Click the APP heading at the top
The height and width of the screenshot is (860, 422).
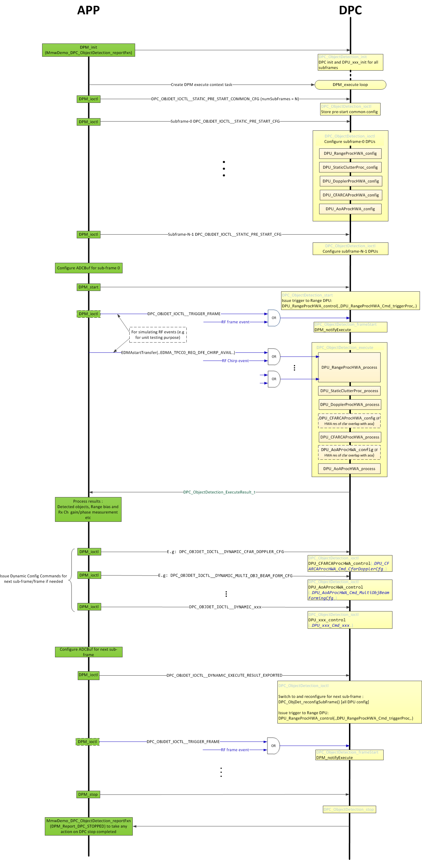pyautogui.click(x=88, y=10)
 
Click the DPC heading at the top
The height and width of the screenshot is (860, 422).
pyautogui.click(x=350, y=10)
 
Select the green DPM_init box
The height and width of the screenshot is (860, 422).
pyautogui.click(x=88, y=50)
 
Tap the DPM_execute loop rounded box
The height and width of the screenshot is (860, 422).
pyautogui.click(x=350, y=85)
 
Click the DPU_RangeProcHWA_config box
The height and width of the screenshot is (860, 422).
pyautogui.click(x=350, y=153)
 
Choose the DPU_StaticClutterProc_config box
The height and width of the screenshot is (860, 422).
pyautogui.click(x=350, y=167)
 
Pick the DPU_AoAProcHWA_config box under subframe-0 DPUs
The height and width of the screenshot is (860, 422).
pyautogui.click(x=350, y=209)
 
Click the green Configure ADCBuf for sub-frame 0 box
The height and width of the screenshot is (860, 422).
pyautogui.click(x=88, y=268)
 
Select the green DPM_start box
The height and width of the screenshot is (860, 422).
pyautogui.click(x=88, y=287)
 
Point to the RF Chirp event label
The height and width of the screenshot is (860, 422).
pyautogui.click(x=235, y=361)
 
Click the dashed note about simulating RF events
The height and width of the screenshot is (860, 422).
pyautogui.click(x=158, y=335)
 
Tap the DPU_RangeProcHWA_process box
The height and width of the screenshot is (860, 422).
pyautogui.click(x=349, y=367)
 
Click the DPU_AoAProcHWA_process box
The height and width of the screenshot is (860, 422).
pyautogui.click(x=349, y=469)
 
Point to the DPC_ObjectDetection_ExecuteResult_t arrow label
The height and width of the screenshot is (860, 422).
pyautogui.click(x=219, y=492)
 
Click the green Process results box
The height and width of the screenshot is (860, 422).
pyautogui.click(x=88, y=509)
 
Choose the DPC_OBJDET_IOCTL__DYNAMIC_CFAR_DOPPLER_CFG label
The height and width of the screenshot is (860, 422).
pyautogui.click(x=225, y=552)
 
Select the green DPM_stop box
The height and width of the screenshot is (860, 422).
pyautogui.click(x=88, y=794)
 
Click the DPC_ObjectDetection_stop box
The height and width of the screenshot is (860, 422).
pyautogui.click(x=349, y=809)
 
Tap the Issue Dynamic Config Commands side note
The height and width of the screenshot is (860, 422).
pyautogui.click(x=33, y=579)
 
